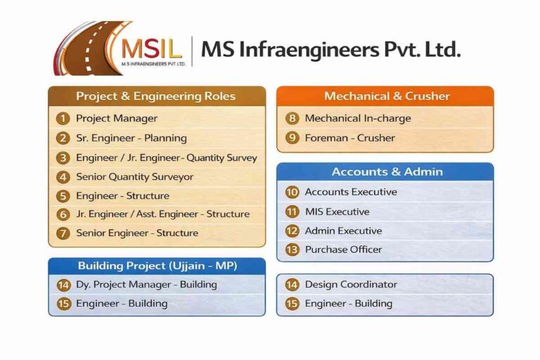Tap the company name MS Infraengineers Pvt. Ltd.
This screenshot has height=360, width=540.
coord(330,49)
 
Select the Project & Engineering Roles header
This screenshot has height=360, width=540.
coord(156,96)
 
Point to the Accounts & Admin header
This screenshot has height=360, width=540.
coord(385,172)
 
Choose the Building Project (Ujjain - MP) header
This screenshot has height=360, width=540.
coord(157,266)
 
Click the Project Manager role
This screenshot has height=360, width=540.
coord(117,118)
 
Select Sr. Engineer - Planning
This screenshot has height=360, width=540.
coord(131,138)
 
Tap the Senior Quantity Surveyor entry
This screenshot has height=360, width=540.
coord(134,176)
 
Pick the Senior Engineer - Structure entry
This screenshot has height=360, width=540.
coord(137,233)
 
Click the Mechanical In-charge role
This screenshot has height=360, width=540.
coord(357,118)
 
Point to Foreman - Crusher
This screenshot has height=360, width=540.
coord(349,138)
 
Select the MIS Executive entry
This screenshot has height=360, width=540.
coord(337,211)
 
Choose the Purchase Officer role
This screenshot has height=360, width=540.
coord(343,249)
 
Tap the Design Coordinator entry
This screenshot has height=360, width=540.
coord(351,285)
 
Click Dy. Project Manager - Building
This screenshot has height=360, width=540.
coord(146,285)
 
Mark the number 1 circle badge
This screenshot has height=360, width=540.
coord(63,118)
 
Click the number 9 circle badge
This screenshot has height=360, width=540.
coord(292,138)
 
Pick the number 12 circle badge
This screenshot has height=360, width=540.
coord(292,231)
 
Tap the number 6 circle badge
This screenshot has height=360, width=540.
coord(63,214)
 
